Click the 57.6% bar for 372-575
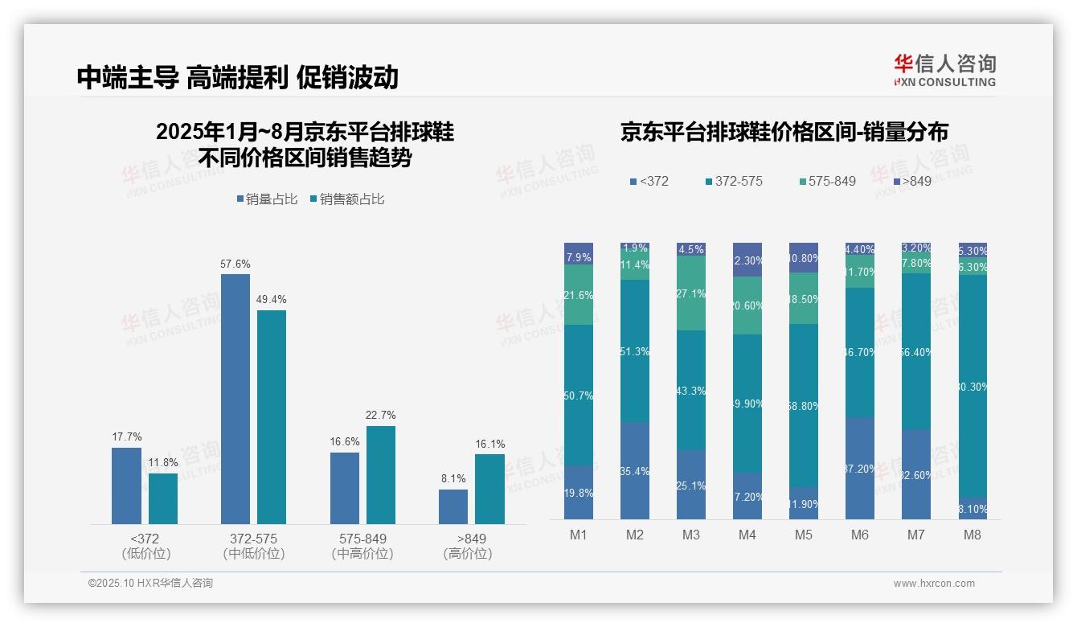tap(235, 399)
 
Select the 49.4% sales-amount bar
tap(272, 416)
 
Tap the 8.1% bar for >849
tap(453, 506)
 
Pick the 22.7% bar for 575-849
tap(381, 474)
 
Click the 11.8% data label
tap(162, 462)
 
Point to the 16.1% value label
tap(490, 444)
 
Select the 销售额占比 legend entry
tap(347, 199)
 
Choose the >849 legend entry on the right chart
tap(912, 181)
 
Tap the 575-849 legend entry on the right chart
tap(827, 181)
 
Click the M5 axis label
tap(803, 535)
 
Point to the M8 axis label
tap(972, 535)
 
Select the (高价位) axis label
tap(467, 554)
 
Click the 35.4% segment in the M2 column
tap(635, 470)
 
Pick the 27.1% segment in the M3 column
tap(691, 293)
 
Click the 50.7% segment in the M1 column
tap(579, 395)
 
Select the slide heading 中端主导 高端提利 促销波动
tap(238, 77)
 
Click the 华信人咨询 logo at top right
tap(944, 70)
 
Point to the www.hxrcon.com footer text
tap(934, 584)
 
